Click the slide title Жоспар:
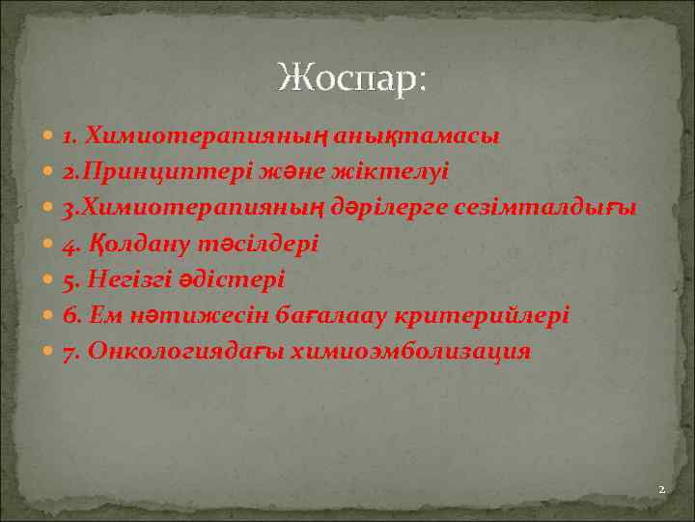[x=349, y=77]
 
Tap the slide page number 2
[x=661, y=490]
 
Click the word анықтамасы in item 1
[x=418, y=136]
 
